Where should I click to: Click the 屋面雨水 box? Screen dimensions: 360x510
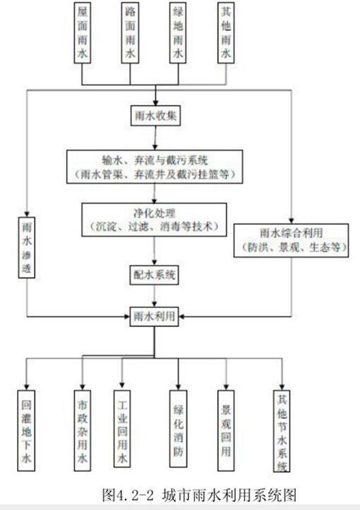[x=82, y=32]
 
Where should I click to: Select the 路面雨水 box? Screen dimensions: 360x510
[x=130, y=32]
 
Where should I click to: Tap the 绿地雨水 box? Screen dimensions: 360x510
[x=178, y=32]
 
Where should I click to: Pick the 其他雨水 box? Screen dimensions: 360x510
[x=226, y=32]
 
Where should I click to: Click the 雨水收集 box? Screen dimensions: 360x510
[x=155, y=115]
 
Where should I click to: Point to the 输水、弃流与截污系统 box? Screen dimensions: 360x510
[x=155, y=167]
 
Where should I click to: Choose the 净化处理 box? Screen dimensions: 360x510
[x=154, y=220]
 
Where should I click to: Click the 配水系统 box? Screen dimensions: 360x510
[x=155, y=275]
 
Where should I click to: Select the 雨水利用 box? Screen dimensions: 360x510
[x=155, y=316]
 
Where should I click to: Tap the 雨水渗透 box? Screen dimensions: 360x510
[x=27, y=247]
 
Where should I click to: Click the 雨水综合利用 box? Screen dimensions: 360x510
[x=291, y=240]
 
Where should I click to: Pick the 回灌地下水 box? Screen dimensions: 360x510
[x=26, y=431]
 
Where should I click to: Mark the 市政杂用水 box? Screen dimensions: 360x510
[x=82, y=431]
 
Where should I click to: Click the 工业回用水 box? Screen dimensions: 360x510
[x=122, y=429]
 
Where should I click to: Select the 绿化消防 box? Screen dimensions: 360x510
[x=178, y=429]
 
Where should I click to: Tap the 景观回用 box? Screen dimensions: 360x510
[x=226, y=430]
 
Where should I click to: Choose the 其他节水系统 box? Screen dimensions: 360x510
[x=282, y=431]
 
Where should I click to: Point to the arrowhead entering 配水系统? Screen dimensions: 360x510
[x=155, y=262]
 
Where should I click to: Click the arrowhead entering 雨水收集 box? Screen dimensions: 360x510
[x=155, y=102]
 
